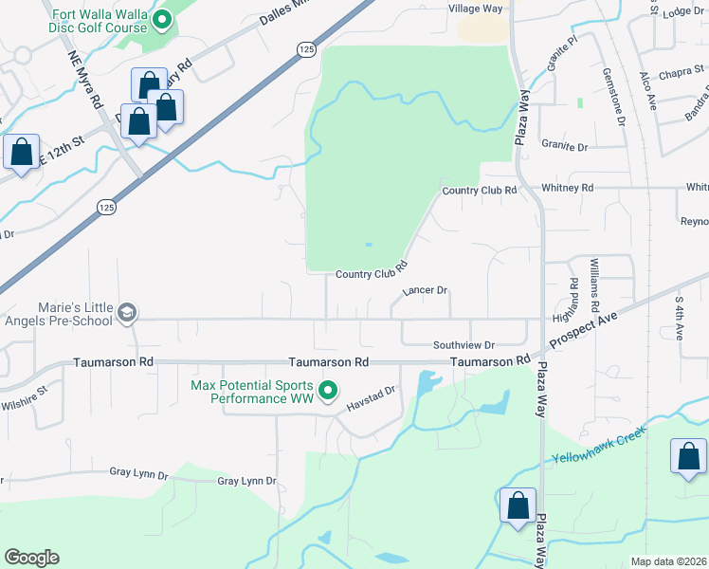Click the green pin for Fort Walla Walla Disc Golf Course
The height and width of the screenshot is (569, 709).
pos(162,18)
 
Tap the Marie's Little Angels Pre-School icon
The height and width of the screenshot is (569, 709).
pos(127,312)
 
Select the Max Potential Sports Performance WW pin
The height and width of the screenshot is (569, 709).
pos(328,390)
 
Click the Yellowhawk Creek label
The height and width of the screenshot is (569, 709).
pos(599,445)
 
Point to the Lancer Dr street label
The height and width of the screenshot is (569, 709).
pos(425,291)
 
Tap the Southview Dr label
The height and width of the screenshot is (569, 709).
pos(464,345)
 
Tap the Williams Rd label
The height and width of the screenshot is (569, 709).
pos(594,284)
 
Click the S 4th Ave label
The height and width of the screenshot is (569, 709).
pos(680,319)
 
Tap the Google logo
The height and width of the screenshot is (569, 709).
pos(31,558)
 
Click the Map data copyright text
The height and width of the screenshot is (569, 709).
pos(669,561)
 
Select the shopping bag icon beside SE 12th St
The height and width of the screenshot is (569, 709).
pos(21,152)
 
